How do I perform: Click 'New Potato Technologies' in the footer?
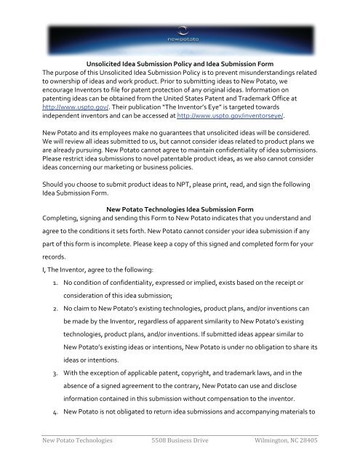tap(56, 449)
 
